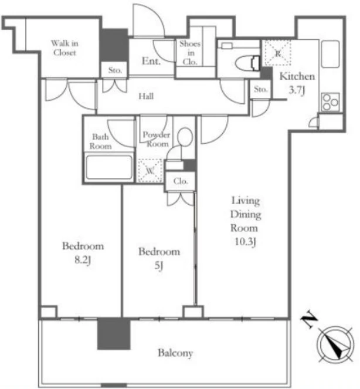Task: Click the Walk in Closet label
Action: [x=64, y=48]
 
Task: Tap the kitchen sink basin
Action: [x=330, y=54]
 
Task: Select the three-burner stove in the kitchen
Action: [x=331, y=102]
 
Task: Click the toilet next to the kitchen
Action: [x=247, y=63]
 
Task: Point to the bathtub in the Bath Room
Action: [x=109, y=167]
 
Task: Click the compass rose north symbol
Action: [x=335, y=344]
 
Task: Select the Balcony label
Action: [x=175, y=353]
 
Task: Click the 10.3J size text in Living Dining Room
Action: [x=245, y=241]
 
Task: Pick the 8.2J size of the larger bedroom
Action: [x=83, y=260]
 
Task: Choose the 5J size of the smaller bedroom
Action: [x=159, y=266]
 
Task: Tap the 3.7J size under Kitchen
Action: [x=297, y=90]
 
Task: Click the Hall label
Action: [x=146, y=96]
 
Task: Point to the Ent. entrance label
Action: [x=151, y=61]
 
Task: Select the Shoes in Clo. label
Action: [x=190, y=53]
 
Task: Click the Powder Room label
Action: [x=157, y=139]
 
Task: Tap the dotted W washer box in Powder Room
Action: [x=150, y=171]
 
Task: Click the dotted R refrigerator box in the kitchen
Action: [x=278, y=53]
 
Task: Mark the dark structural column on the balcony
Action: [x=114, y=334]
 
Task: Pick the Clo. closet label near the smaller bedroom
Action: [x=181, y=181]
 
